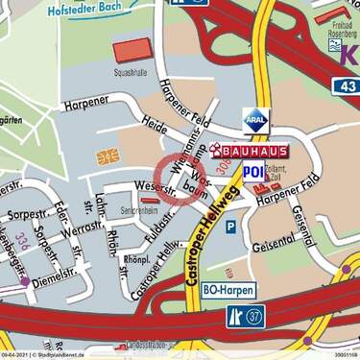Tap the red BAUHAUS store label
(x=255, y=152)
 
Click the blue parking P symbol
(x=229, y=228)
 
